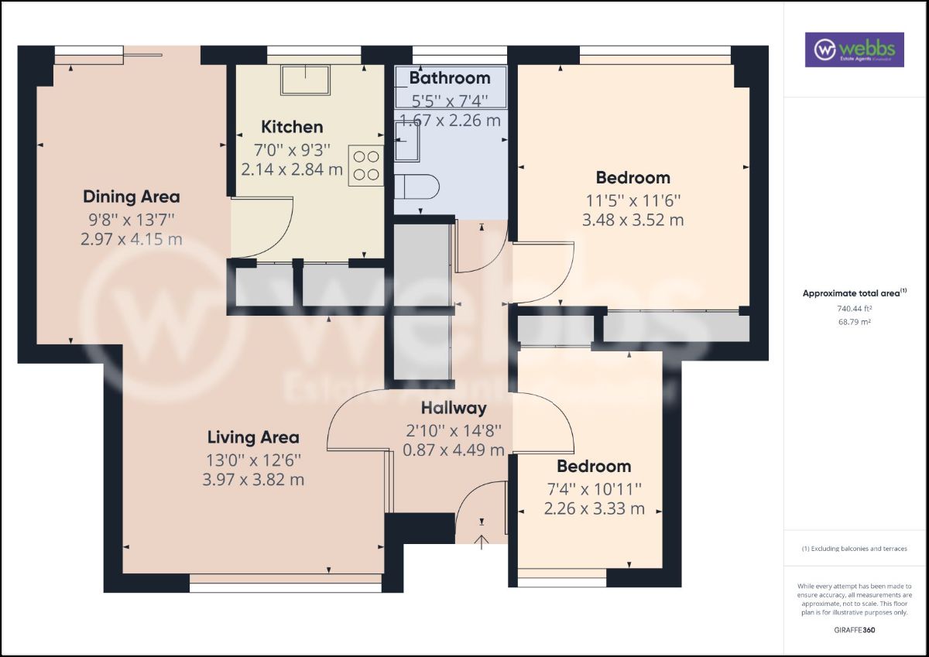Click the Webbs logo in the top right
[x=854, y=50]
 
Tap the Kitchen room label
[x=292, y=127]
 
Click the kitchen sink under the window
[x=306, y=80]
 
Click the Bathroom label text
[x=450, y=78]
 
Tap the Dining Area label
[x=132, y=196]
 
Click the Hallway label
[x=454, y=408]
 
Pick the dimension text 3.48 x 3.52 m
[x=632, y=220]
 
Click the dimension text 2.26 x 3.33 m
[x=594, y=508]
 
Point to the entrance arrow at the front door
[x=482, y=541]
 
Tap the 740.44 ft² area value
[x=855, y=308]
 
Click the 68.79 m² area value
[x=855, y=321]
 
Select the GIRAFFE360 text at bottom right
[x=855, y=630]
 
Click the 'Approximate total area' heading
[x=855, y=293]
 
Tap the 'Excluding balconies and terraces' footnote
[x=855, y=548]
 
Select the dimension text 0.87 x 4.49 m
[x=454, y=450]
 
